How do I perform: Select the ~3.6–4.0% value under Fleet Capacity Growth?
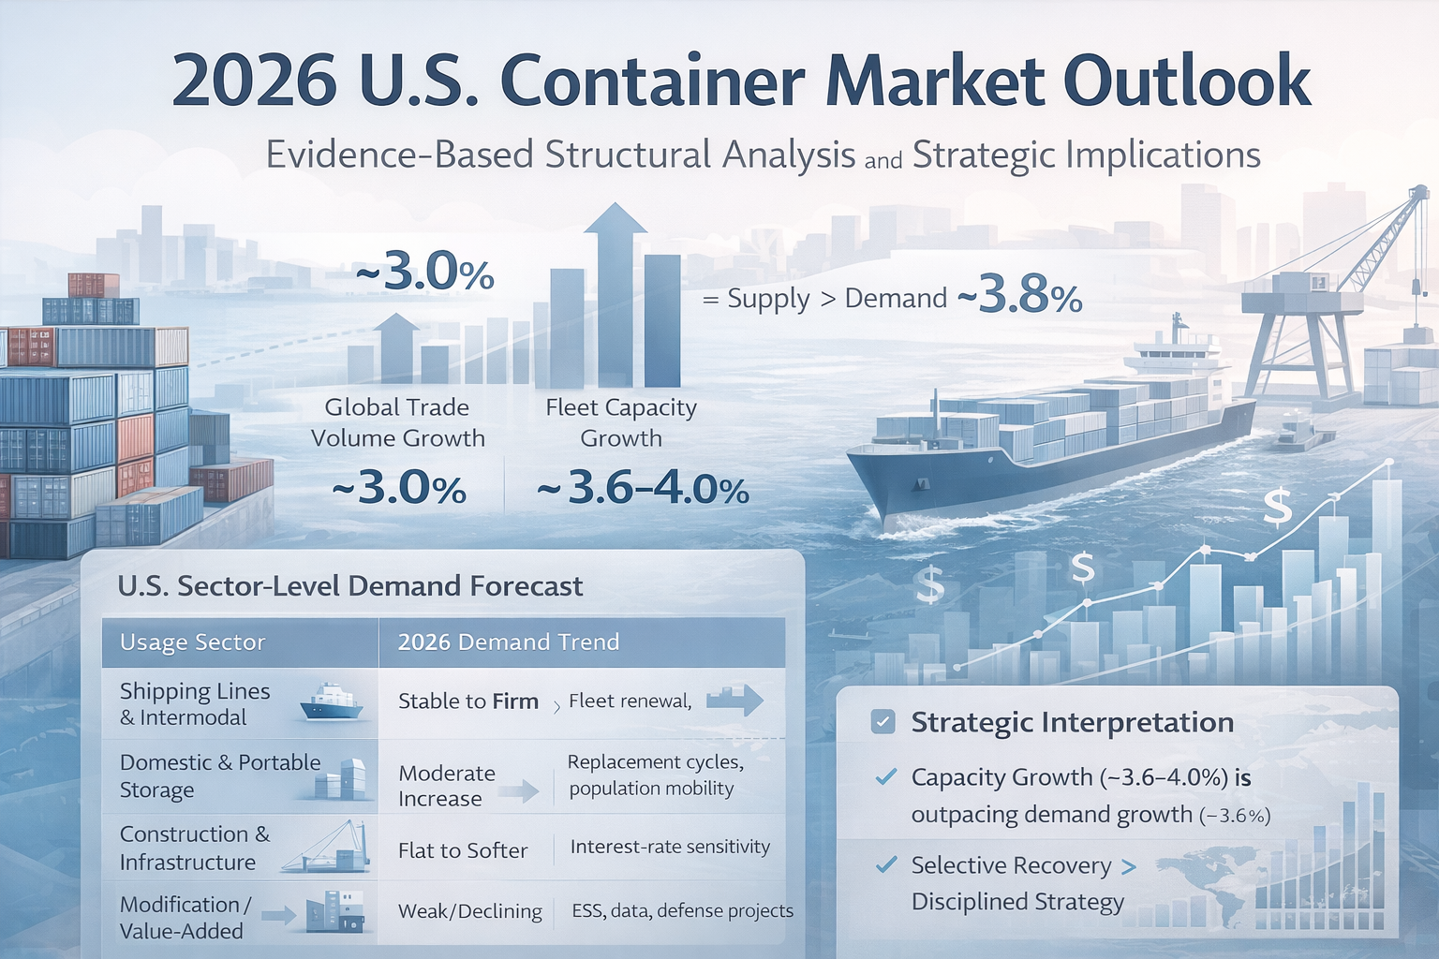pos(643,489)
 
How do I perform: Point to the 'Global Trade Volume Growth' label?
pos(398,422)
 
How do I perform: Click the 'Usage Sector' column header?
pos(193,642)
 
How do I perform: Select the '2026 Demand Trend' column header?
pos(509,642)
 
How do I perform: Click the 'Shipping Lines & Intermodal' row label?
pos(195,703)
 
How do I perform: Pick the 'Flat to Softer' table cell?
pos(463,850)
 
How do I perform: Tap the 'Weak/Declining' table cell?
pos(469,911)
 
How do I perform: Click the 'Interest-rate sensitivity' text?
pos(670,847)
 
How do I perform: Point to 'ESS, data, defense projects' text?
pos(682,910)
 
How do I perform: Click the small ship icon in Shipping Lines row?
pos(331,702)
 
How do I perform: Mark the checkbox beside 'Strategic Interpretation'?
pos(883,722)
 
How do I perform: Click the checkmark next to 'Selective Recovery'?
pos(885,864)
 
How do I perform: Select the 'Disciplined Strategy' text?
pos(1017,902)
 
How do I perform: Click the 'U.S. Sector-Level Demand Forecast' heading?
pos(350,586)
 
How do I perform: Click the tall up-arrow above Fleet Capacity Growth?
pos(616,281)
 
